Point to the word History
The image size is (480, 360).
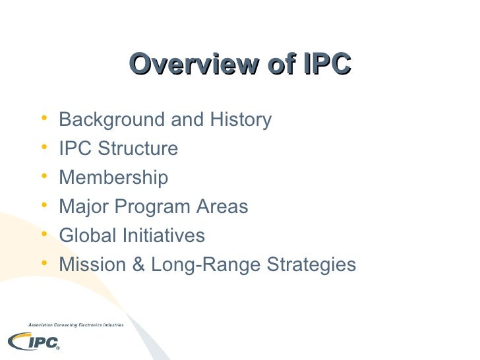click(x=240, y=120)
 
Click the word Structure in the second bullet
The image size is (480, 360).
click(x=138, y=149)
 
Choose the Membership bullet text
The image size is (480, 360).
click(x=113, y=178)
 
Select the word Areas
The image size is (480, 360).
click(x=223, y=207)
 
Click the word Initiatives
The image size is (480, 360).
click(x=162, y=236)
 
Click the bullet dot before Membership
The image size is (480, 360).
click(x=44, y=177)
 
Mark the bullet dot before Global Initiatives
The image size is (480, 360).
click(x=44, y=235)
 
